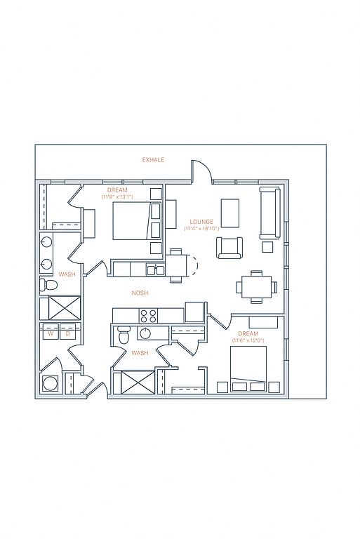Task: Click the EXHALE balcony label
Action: click(x=153, y=160)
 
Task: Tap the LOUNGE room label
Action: click(x=201, y=222)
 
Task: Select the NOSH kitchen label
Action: click(x=140, y=293)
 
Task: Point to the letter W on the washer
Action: click(x=51, y=333)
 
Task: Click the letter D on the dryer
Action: click(x=68, y=333)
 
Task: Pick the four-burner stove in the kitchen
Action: click(x=149, y=316)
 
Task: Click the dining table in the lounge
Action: click(x=257, y=286)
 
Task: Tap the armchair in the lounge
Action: click(x=229, y=248)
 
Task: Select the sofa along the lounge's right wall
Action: click(x=270, y=213)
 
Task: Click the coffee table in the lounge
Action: click(x=230, y=213)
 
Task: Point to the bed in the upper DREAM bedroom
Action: click(x=137, y=220)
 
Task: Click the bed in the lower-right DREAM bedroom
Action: click(x=248, y=368)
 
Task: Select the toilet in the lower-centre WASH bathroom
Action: click(x=123, y=334)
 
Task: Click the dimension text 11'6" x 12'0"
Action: click(x=248, y=340)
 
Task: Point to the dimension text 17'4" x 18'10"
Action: click(x=201, y=229)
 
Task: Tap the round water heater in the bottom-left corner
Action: click(x=51, y=383)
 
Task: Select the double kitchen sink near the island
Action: click(x=155, y=270)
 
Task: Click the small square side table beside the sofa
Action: click(x=267, y=247)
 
